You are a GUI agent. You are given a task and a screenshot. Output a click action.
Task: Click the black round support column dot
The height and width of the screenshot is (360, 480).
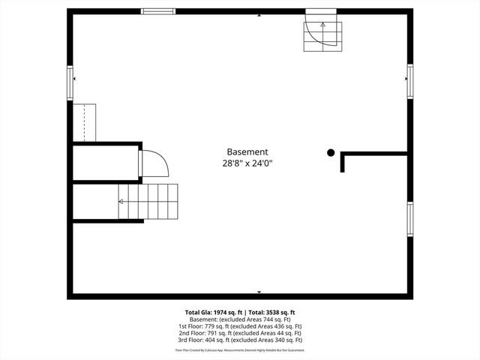[331, 153]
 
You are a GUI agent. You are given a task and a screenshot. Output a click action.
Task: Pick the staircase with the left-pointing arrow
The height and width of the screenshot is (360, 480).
[150, 201]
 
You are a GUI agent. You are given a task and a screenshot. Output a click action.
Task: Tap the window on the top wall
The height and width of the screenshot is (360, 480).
[158, 11]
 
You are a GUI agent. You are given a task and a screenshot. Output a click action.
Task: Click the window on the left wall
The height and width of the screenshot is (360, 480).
[70, 82]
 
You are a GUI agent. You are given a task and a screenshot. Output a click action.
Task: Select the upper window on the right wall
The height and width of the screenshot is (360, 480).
[409, 80]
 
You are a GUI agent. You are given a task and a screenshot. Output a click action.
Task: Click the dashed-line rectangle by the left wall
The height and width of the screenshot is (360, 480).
[84, 122]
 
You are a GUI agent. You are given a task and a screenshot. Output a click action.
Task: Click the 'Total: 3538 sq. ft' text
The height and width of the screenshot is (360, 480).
[271, 312]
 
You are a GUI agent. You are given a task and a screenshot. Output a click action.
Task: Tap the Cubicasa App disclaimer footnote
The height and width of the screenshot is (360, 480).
[240, 350]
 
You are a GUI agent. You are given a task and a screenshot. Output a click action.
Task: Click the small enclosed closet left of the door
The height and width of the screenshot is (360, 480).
[105, 163]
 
